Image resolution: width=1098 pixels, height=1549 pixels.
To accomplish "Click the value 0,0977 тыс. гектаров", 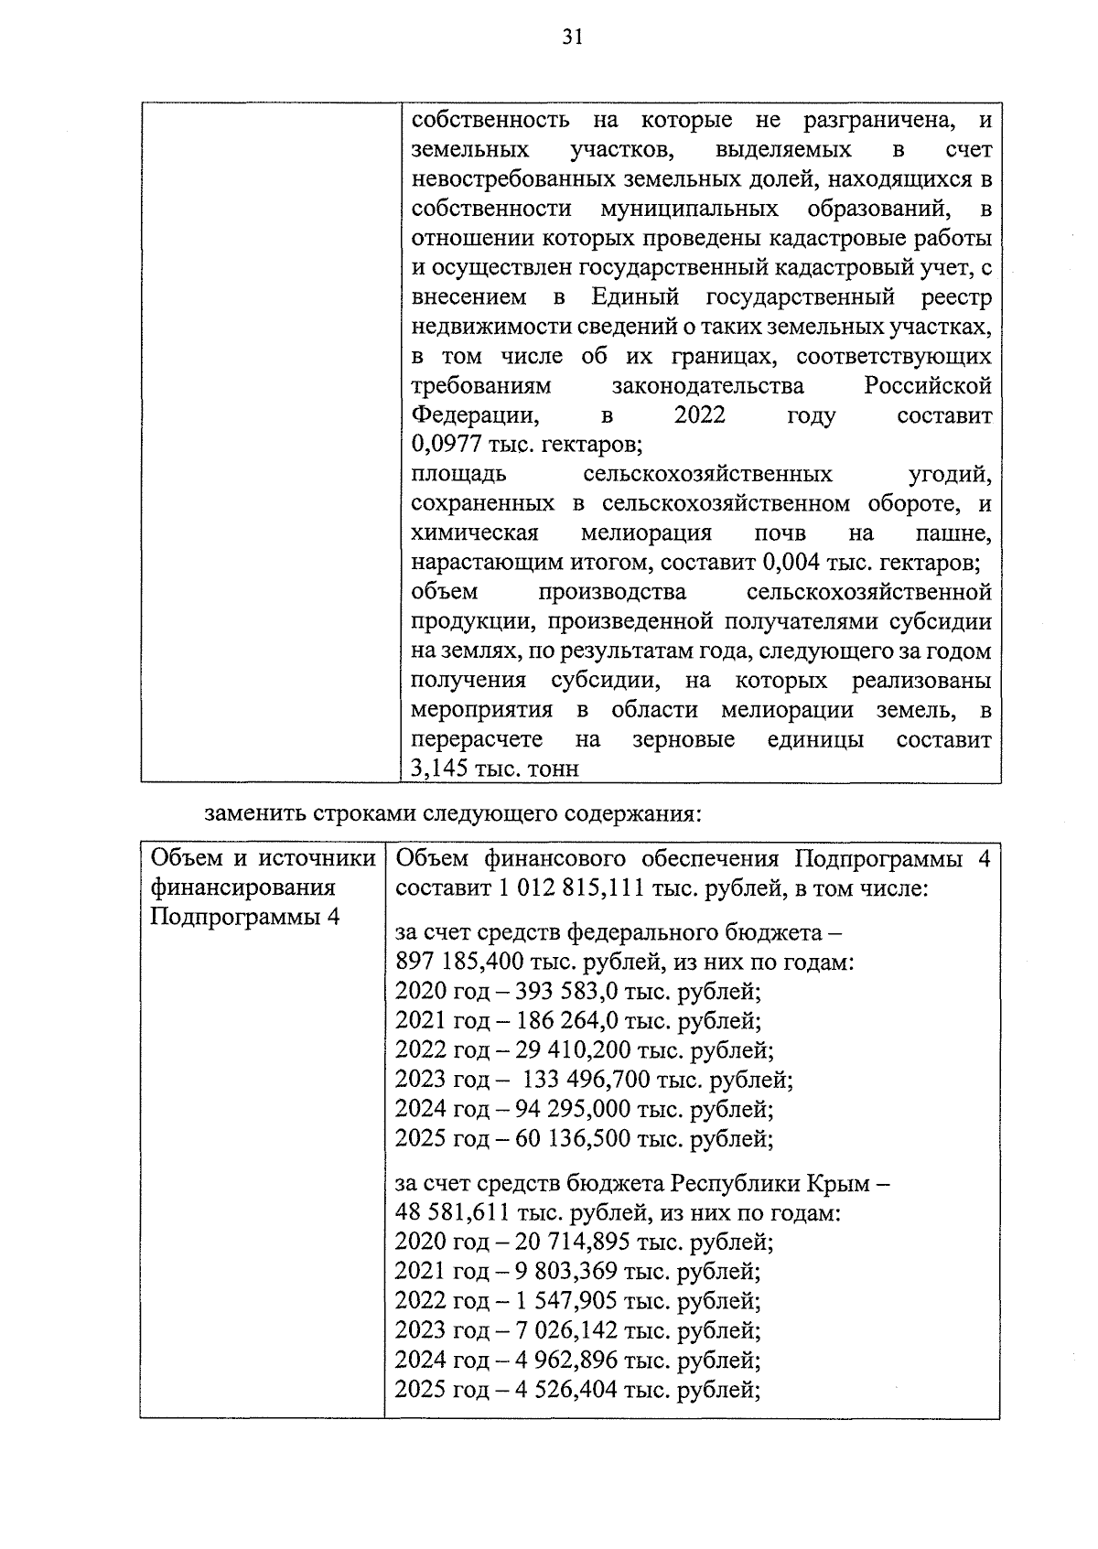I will coord(526,446).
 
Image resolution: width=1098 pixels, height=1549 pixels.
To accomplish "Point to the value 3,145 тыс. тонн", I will coord(495,769).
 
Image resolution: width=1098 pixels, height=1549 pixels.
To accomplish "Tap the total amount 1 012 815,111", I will coord(574,887).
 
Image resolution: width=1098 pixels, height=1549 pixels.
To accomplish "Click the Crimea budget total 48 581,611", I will coord(452,1214).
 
